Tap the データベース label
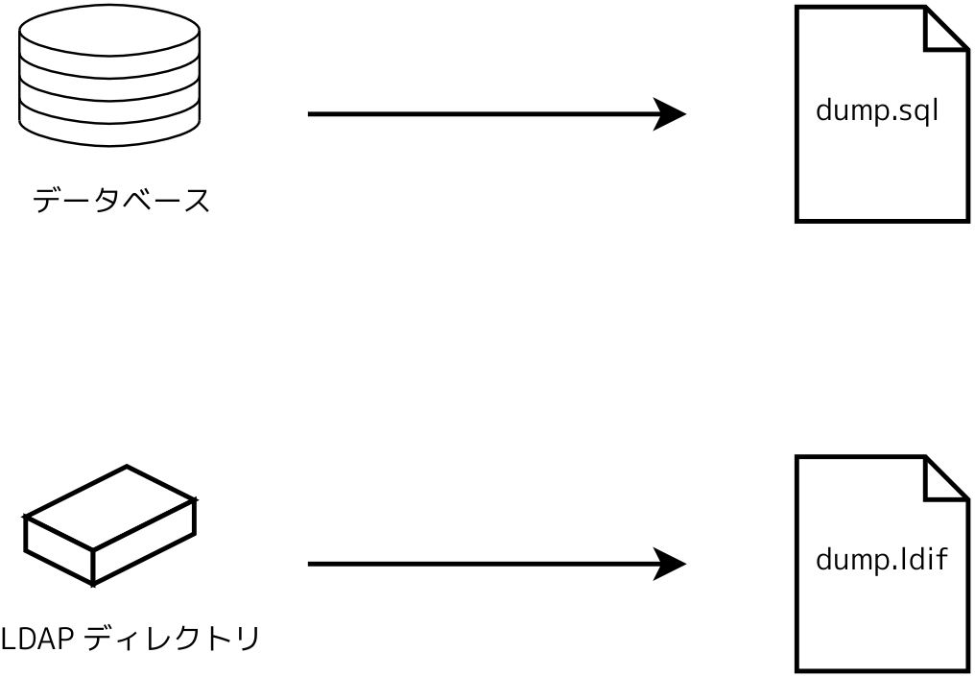[x=121, y=202]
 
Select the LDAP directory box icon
[x=109, y=525]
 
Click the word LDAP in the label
[x=31, y=638]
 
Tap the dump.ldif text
[x=881, y=560]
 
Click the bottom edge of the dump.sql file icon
[x=881, y=221]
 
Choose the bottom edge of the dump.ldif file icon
[x=881, y=670]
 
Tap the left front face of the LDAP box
[x=59, y=550]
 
